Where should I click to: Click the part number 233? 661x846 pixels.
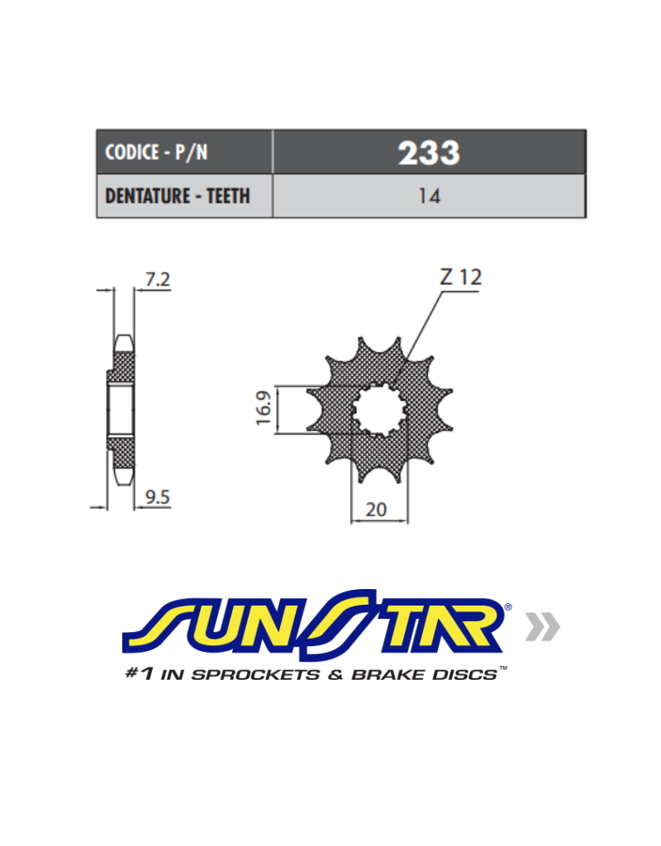pyautogui.click(x=429, y=153)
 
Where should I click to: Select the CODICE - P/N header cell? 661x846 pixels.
pyautogui.click(x=184, y=152)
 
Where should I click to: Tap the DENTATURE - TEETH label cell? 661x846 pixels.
pyautogui.click(x=184, y=196)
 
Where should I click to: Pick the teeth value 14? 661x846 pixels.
pyautogui.click(x=430, y=196)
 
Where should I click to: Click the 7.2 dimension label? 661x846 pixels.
pyautogui.click(x=158, y=279)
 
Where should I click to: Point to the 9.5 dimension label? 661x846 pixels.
pyautogui.click(x=158, y=497)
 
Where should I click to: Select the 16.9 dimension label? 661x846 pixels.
pyautogui.click(x=264, y=408)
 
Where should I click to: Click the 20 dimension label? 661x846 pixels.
pyautogui.click(x=376, y=509)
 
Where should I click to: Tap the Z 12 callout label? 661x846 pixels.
pyautogui.click(x=461, y=278)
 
